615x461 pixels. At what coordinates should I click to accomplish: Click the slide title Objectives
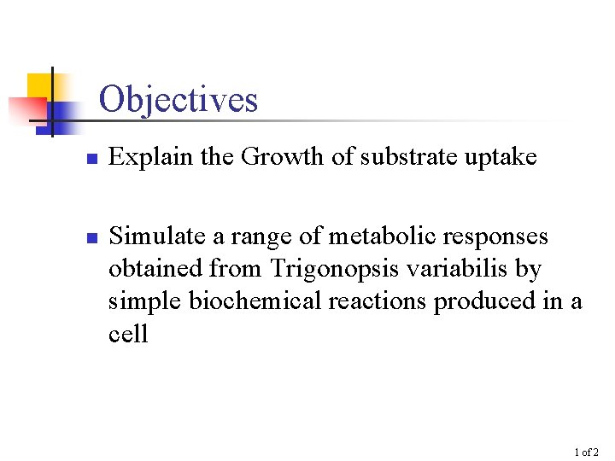178,100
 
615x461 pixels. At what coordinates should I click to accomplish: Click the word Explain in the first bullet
143,157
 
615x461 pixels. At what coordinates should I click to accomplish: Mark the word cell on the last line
128,334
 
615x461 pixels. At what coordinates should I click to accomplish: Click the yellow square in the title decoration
40,86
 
